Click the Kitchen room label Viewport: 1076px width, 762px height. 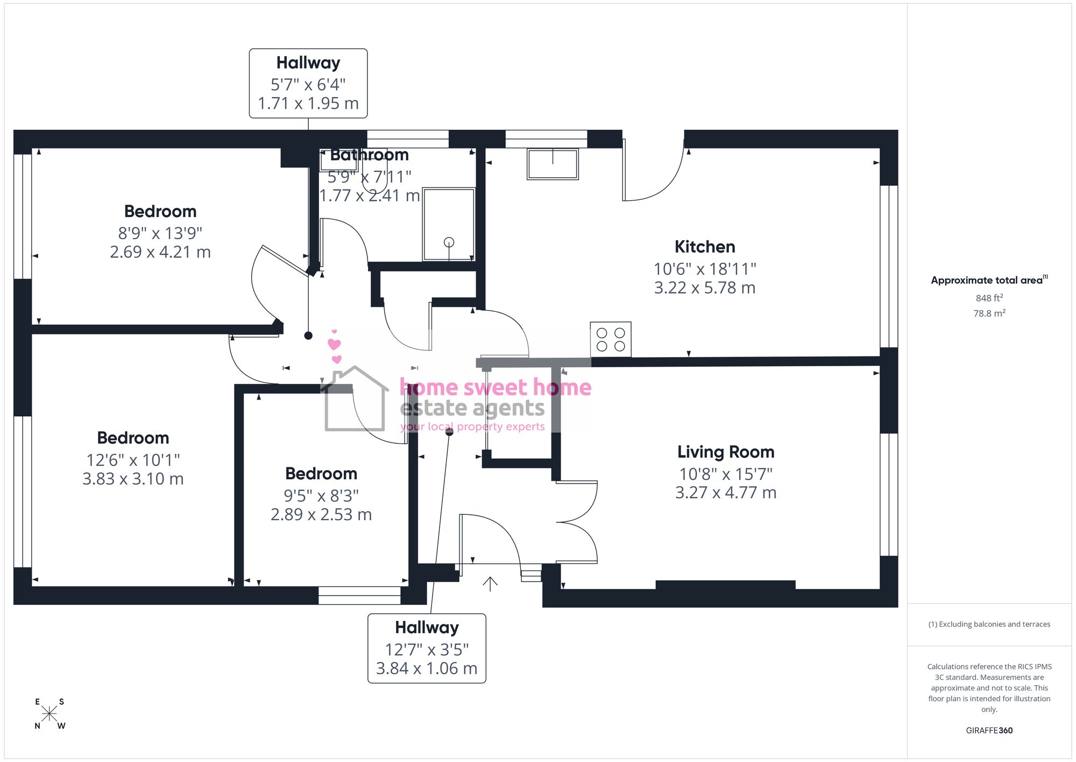[705, 247]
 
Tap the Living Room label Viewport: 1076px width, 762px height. [726, 452]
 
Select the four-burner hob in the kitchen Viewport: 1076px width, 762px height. [611, 339]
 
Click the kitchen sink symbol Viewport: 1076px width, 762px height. [553, 164]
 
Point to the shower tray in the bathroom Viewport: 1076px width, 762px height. [449, 224]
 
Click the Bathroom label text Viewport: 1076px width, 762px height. [370, 155]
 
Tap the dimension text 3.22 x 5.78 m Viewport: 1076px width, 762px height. [705, 288]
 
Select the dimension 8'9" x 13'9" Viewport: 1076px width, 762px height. [160, 233]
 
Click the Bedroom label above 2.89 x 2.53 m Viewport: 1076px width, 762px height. [321, 473]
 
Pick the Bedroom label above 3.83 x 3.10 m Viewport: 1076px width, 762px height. [133, 438]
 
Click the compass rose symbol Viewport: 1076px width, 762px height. [49, 714]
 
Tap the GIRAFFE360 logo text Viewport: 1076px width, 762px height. [989, 730]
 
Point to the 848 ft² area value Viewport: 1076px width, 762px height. [989, 298]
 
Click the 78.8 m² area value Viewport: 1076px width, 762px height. [989, 313]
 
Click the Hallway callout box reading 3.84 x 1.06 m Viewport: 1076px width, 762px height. [427, 648]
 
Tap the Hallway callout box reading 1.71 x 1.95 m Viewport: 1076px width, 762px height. [308, 83]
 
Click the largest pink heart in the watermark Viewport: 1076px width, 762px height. [334, 344]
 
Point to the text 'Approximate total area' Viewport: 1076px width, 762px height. [987, 280]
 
